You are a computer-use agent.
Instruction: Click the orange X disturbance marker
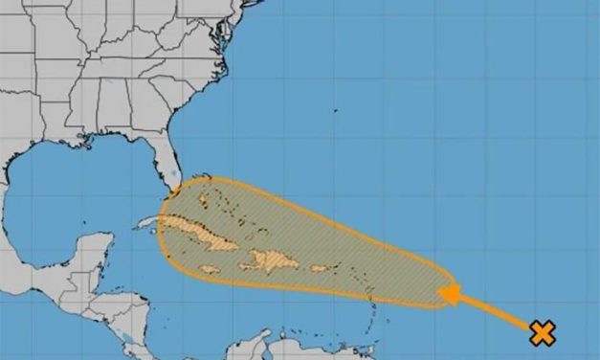click(543, 333)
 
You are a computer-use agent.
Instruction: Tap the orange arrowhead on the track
click(448, 292)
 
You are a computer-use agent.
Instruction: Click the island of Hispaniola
click(271, 259)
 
